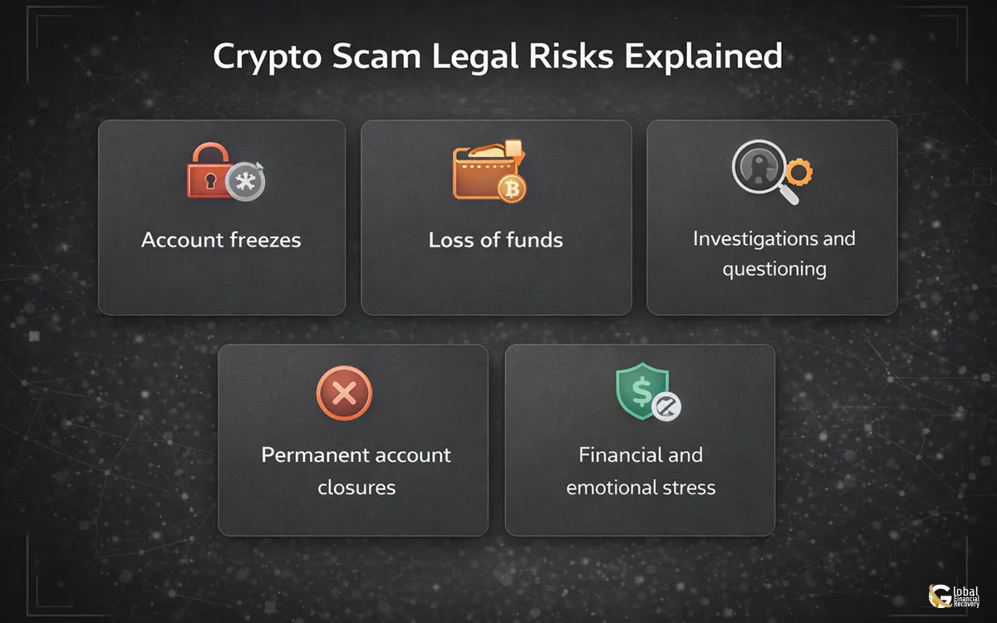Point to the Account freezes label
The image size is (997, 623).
221,240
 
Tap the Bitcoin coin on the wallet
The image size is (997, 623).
512,190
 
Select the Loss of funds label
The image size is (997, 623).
496,240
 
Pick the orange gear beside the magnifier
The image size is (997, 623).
799,172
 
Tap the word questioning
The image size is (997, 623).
774,269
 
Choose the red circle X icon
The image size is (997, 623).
344,392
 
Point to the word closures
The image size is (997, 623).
356,487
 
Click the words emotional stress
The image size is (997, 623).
641,487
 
